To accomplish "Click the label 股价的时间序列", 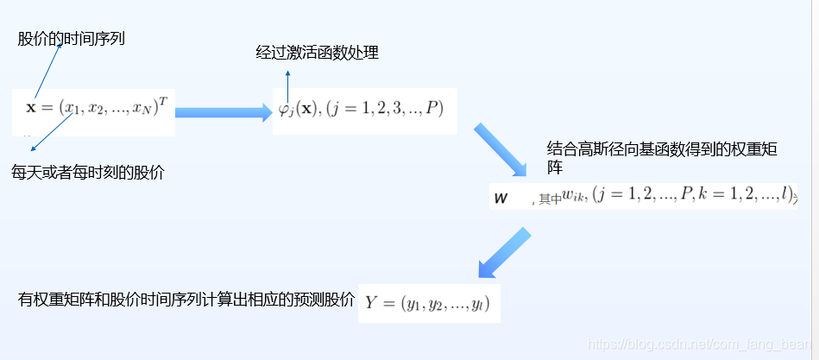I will (x=71, y=39).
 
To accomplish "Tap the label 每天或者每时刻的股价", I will (x=87, y=172).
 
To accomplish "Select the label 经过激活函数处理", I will (x=317, y=54).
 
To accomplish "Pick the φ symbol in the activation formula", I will (x=283, y=111).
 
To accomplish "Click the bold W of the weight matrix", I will (x=501, y=199).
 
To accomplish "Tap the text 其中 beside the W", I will (x=549, y=199).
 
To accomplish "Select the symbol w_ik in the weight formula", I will (x=574, y=198).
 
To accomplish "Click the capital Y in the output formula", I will (x=372, y=302).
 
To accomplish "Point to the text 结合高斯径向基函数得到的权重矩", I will (x=663, y=148).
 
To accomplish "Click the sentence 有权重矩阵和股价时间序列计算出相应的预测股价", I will (x=186, y=300).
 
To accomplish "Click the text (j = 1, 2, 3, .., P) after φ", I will (x=384, y=111).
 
